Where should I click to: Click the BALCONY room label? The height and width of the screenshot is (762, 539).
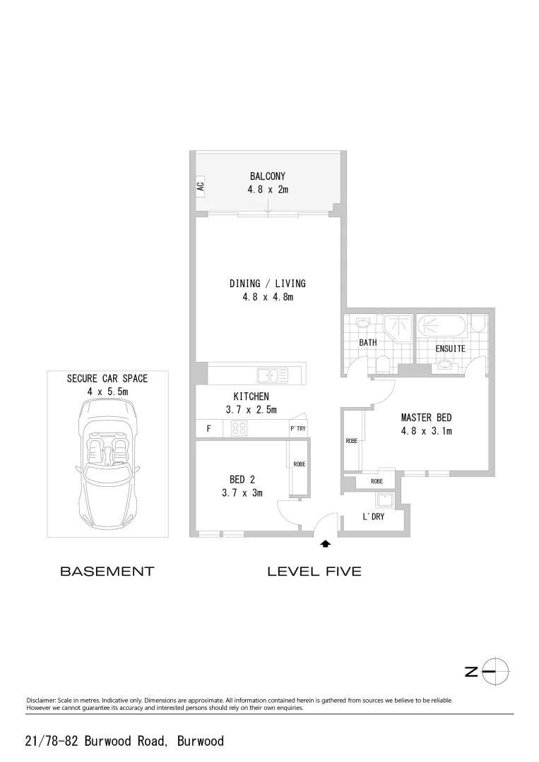(x=267, y=176)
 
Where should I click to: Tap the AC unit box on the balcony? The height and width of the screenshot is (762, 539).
(x=200, y=187)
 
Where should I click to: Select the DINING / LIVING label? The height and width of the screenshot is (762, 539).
(x=267, y=284)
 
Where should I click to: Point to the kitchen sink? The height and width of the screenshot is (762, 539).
(x=271, y=375)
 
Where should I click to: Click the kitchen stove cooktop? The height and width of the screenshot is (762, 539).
(x=239, y=428)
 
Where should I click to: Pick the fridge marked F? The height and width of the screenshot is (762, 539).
(x=208, y=428)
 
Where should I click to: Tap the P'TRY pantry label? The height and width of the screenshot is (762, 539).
(x=297, y=428)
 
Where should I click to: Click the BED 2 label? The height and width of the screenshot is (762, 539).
(x=237, y=480)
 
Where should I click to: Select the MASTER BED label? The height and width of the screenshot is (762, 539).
(x=426, y=418)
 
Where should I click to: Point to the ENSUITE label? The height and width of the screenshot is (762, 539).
(x=450, y=349)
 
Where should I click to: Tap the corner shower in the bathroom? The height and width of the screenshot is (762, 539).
(x=398, y=327)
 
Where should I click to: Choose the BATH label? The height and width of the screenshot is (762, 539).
(x=368, y=343)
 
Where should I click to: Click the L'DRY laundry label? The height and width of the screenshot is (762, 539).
(x=372, y=517)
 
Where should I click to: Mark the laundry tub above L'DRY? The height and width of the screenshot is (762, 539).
(x=385, y=500)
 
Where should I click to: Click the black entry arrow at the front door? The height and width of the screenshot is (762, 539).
(x=326, y=544)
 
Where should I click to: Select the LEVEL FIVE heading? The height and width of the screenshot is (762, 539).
(x=314, y=571)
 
